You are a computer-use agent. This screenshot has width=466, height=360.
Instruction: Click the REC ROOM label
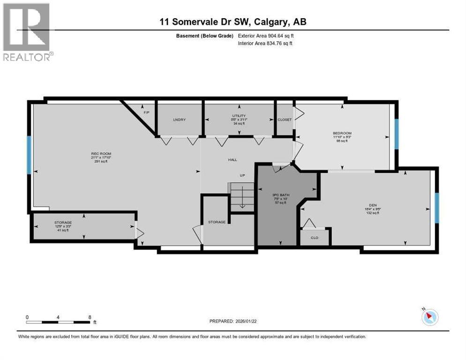coord(101,153)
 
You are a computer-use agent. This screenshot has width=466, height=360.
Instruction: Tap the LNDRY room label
coord(179,120)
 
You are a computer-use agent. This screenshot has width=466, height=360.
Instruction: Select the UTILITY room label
coord(240,116)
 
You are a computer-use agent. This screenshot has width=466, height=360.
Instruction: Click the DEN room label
coord(373,205)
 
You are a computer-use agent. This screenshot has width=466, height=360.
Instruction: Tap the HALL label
coord(232,160)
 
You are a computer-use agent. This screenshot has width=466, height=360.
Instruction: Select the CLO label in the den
coord(315,237)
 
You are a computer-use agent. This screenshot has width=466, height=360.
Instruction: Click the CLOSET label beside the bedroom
coord(285,120)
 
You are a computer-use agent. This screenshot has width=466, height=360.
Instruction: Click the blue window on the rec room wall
coord(29,155)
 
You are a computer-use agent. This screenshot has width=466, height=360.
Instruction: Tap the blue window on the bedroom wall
coord(396,134)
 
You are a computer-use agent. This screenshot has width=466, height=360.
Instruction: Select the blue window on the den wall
coord(436,208)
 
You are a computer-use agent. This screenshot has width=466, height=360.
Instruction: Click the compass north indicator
coord(429,317)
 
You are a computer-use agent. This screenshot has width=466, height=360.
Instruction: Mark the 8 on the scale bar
coord(90,317)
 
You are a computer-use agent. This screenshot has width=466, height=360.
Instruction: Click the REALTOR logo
coord(27,32)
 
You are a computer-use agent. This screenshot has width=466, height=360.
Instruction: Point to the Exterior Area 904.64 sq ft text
coord(266,36)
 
